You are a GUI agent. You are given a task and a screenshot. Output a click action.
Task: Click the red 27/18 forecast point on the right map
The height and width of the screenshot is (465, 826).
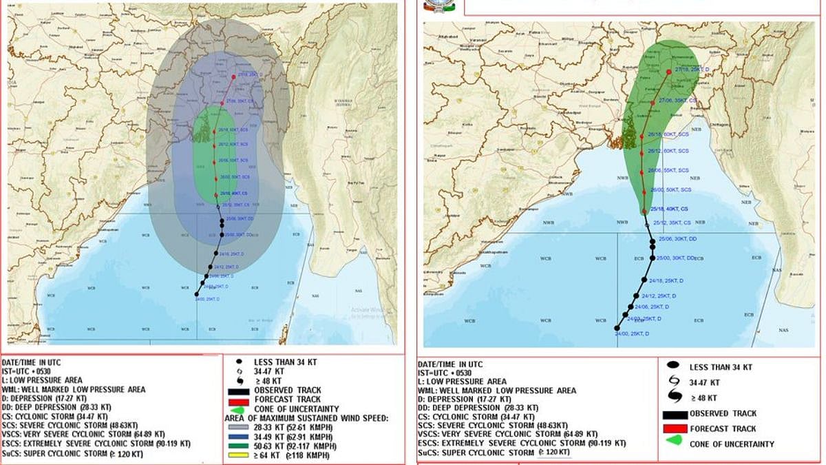pos(669,72)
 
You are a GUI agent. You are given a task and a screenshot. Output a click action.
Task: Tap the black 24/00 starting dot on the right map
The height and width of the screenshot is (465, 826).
pos(617,328)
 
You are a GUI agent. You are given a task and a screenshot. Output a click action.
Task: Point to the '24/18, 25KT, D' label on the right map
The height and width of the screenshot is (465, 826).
pos(666,280)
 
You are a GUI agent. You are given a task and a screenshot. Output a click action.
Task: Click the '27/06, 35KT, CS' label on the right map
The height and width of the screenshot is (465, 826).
pos(678,100)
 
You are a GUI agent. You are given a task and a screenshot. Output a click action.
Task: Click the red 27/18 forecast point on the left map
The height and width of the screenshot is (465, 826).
pos(234,76)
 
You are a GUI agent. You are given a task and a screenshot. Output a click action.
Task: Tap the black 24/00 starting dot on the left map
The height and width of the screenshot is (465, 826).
pos(198,294)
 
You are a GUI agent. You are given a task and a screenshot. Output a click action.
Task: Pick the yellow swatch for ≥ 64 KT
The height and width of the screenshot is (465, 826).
pos(241,456)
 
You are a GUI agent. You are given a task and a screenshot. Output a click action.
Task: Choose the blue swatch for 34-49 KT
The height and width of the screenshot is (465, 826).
pos(241,437)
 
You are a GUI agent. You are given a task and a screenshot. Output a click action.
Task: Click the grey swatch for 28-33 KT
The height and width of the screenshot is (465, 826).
pos(241,427)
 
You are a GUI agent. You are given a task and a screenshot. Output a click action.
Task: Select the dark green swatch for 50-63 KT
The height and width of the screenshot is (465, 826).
pos(241,446)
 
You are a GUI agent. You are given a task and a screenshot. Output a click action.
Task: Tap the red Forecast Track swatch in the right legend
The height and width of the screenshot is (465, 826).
pos(677,428)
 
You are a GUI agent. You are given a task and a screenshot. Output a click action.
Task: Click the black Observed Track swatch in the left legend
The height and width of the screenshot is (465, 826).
pos(241,391)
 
